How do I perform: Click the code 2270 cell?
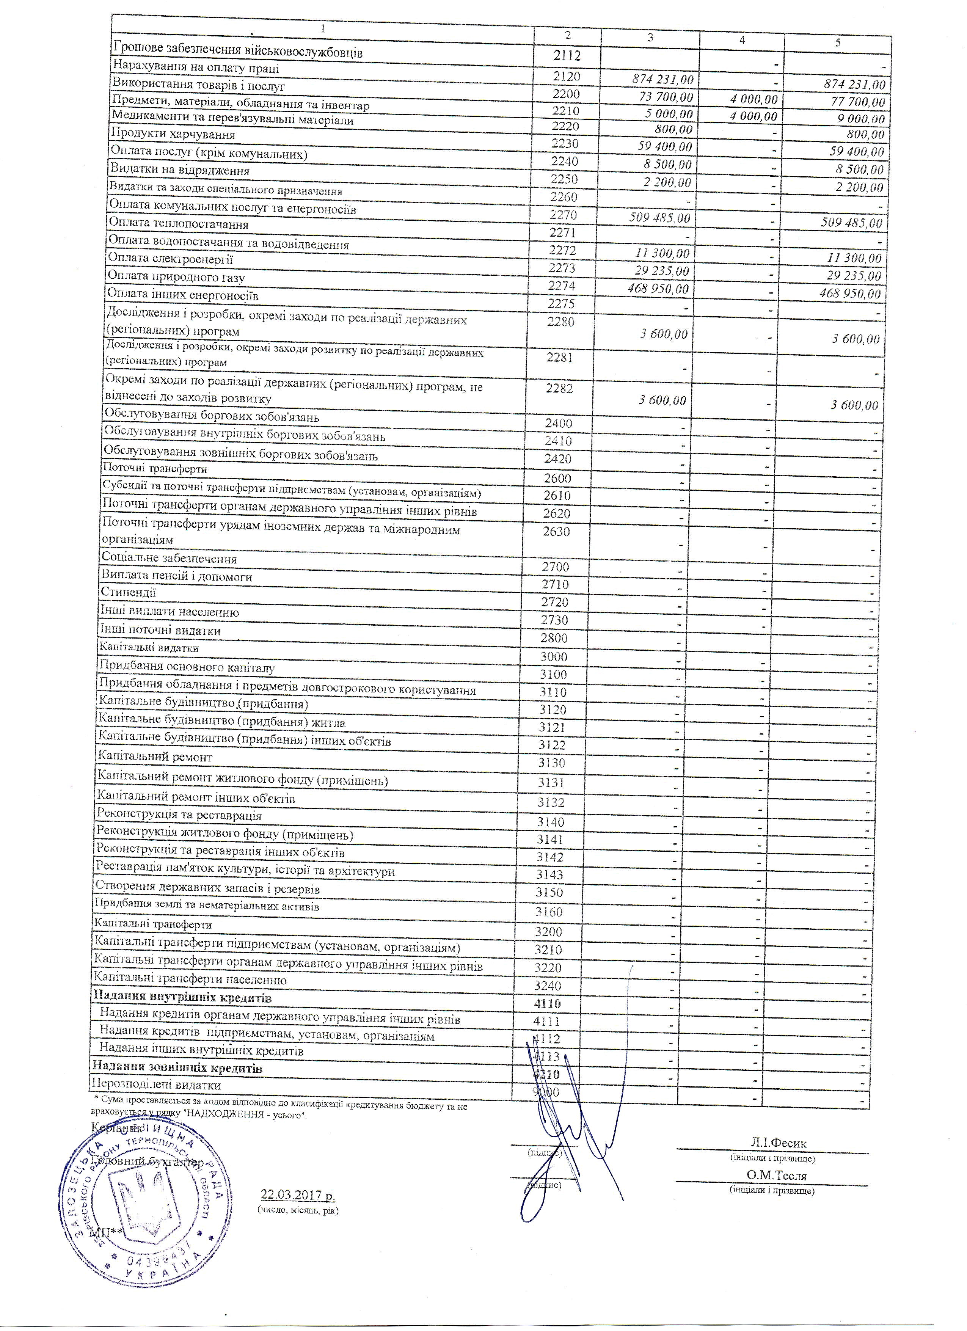click(x=563, y=215)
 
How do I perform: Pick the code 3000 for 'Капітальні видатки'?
click(x=553, y=657)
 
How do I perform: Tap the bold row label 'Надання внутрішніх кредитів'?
click(x=182, y=998)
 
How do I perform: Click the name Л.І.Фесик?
click(x=778, y=1143)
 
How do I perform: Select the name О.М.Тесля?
click(x=776, y=1176)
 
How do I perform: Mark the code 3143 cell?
click(x=549, y=874)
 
